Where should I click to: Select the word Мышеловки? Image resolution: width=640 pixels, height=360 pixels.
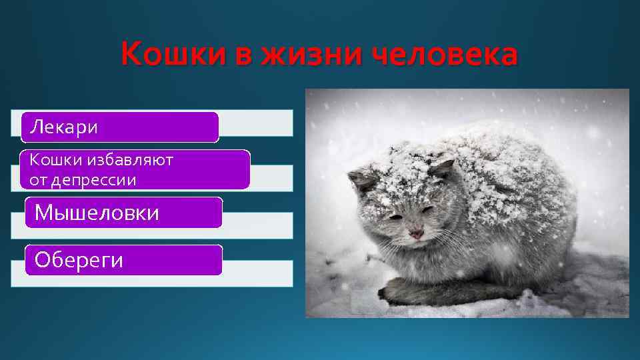pyautogui.click(x=97, y=213)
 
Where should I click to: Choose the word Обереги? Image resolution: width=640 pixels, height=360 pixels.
pyautogui.click(x=79, y=260)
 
